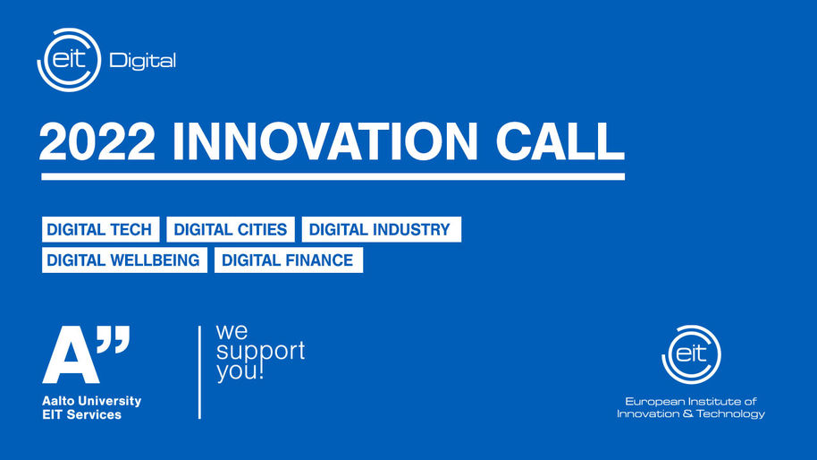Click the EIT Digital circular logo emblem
[69, 59]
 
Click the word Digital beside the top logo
[142, 61]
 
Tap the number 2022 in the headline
[97, 141]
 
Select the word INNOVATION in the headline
[325, 141]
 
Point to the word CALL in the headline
[560, 141]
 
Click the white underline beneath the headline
[333, 177]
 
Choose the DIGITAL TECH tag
[101, 229]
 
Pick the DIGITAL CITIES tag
[231, 229]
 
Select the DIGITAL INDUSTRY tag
[382, 229]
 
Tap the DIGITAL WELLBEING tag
[124, 260]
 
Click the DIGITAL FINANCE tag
[289, 260]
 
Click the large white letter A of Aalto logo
[71, 355]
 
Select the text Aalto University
[92, 401]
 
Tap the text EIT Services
[82, 414]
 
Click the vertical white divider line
[199, 372]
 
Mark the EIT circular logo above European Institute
[692, 354]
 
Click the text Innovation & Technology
[691, 414]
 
